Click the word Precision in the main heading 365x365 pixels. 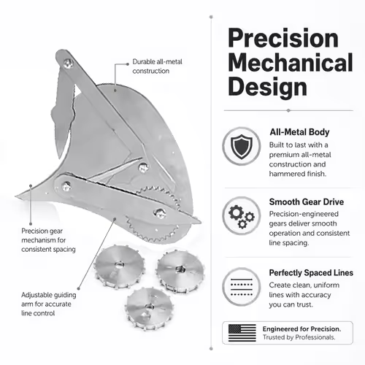coord(283,39)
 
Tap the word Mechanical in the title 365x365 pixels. coord(291,62)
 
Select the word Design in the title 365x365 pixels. coord(267,87)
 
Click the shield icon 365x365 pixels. coord(242,146)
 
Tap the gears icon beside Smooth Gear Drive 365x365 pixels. coord(242,216)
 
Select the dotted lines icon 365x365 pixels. coord(242,287)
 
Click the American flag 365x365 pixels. coord(242,333)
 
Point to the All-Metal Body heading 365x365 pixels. coord(299,132)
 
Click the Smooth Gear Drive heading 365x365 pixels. coord(307,201)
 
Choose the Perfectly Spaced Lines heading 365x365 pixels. coord(311,273)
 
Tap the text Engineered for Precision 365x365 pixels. coord(301,329)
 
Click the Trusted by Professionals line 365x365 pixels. coord(299,337)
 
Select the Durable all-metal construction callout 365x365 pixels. coord(157,66)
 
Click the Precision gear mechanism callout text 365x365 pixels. coord(48,240)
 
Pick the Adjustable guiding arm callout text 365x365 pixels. coord(49,304)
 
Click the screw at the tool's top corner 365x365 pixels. coord(68,64)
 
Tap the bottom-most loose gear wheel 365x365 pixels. coord(150,309)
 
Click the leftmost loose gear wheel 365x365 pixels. coord(119,266)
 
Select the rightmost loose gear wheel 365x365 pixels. coord(180,272)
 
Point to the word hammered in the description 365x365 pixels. coord(283,174)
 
